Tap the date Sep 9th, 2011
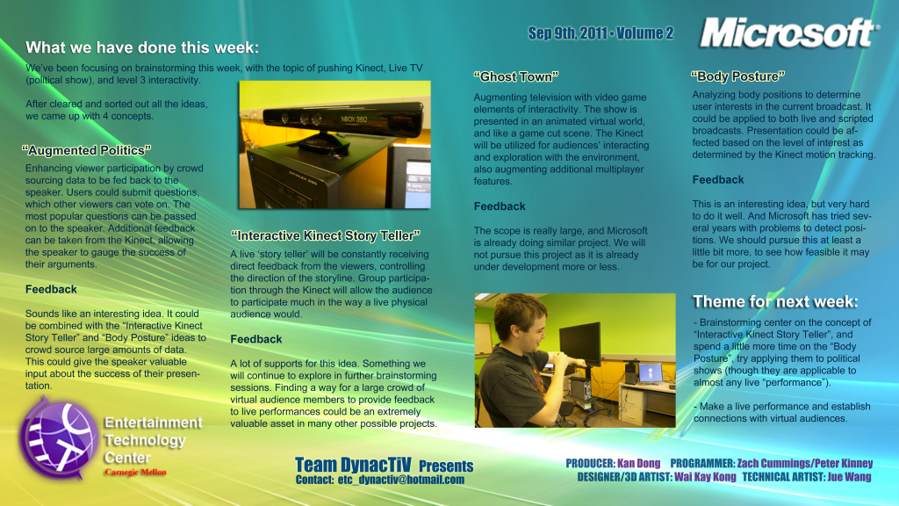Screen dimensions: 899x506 (x=567, y=33)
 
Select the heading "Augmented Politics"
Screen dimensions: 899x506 (x=87, y=150)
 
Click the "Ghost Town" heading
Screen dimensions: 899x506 (x=516, y=77)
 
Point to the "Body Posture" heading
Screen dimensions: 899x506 (x=737, y=76)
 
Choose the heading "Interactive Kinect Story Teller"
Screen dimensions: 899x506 (x=325, y=235)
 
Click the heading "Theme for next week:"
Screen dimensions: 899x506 (x=775, y=302)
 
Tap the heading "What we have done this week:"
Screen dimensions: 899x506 (x=142, y=47)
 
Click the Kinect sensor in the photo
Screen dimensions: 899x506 (x=343, y=119)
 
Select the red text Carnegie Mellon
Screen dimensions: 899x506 (x=135, y=472)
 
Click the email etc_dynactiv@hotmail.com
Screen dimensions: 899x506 (x=400, y=480)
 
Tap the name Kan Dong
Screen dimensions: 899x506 (x=639, y=463)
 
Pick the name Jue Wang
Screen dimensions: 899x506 (x=849, y=477)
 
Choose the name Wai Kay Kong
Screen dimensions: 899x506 (x=705, y=477)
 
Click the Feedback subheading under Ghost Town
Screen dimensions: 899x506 (x=500, y=206)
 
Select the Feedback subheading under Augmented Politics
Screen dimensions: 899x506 (x=51, y=290)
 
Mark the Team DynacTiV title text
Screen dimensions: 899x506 (x=353, y=465)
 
